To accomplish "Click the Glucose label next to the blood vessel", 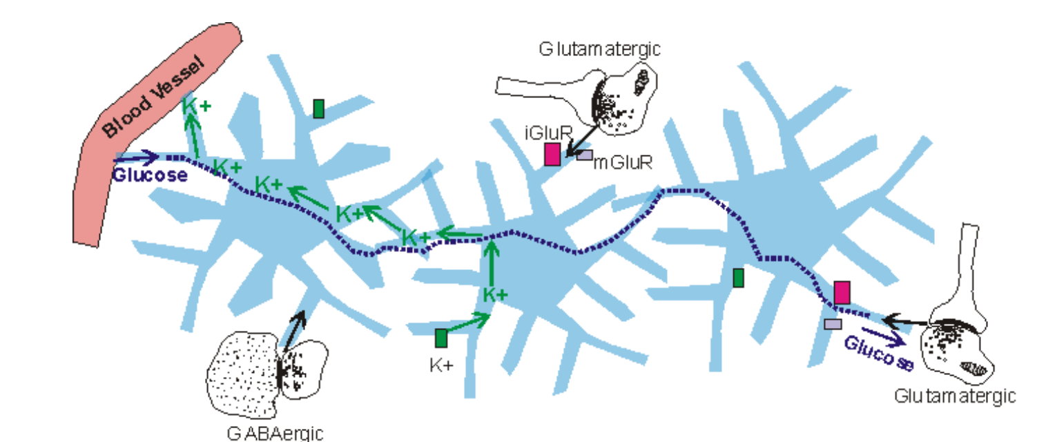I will pyautogui.click(x=150, y=175).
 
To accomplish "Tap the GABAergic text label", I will pyautogui.click(x=275, y=433).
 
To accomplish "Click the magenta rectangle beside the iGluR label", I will pyautogui.click(x=552, y=154).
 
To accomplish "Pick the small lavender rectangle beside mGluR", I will pyautogui.click(x=584, y=155).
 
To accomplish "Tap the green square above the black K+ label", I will pyautogui.click(x=441, y=338).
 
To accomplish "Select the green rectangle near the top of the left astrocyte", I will pyautogui.click(x=318, y=108).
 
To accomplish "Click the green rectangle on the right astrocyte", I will pyautogui.click(x=739, y=278).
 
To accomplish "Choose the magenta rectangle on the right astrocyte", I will pyautogui.click(x=842, y=292).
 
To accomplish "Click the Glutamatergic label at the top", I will pyautogui.click(x=599, y=49).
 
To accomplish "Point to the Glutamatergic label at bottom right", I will pyautogui.click(x=955, y=396).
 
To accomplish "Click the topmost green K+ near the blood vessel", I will pyautogui.click(x=196, y=106).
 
